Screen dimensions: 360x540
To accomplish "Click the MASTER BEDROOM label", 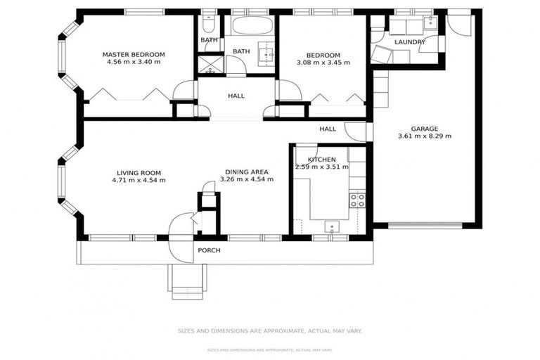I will click(x=134, y=54).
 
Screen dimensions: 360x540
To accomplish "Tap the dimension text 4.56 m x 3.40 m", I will click(x=134, y=63).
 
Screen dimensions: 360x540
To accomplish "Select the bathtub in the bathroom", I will click(x=250, y=27).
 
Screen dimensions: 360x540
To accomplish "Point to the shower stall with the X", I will click(x=209, y=65).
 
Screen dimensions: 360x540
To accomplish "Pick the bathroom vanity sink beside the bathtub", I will click(x=266, y=53).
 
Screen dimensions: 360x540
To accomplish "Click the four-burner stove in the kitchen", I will click(x=357, y=200).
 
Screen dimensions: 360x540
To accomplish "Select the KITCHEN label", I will click(x=322, y=160).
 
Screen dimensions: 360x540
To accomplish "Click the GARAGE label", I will click(x=425, y=129).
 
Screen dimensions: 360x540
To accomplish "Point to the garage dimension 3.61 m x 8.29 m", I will click(x=425, y=136).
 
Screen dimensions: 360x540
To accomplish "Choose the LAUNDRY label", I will click(x=410, y=42).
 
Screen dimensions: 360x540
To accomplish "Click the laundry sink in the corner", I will click(x=430, y=24).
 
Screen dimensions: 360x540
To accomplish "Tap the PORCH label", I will click(x=209, y=250).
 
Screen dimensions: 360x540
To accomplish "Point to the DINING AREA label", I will click(x=247, y=172).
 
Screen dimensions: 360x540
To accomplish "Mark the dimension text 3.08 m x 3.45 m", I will click(x=323, y=63).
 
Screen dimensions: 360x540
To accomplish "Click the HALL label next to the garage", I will click(x=328, y=129).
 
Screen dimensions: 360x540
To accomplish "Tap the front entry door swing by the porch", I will click(x=181, y=226).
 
